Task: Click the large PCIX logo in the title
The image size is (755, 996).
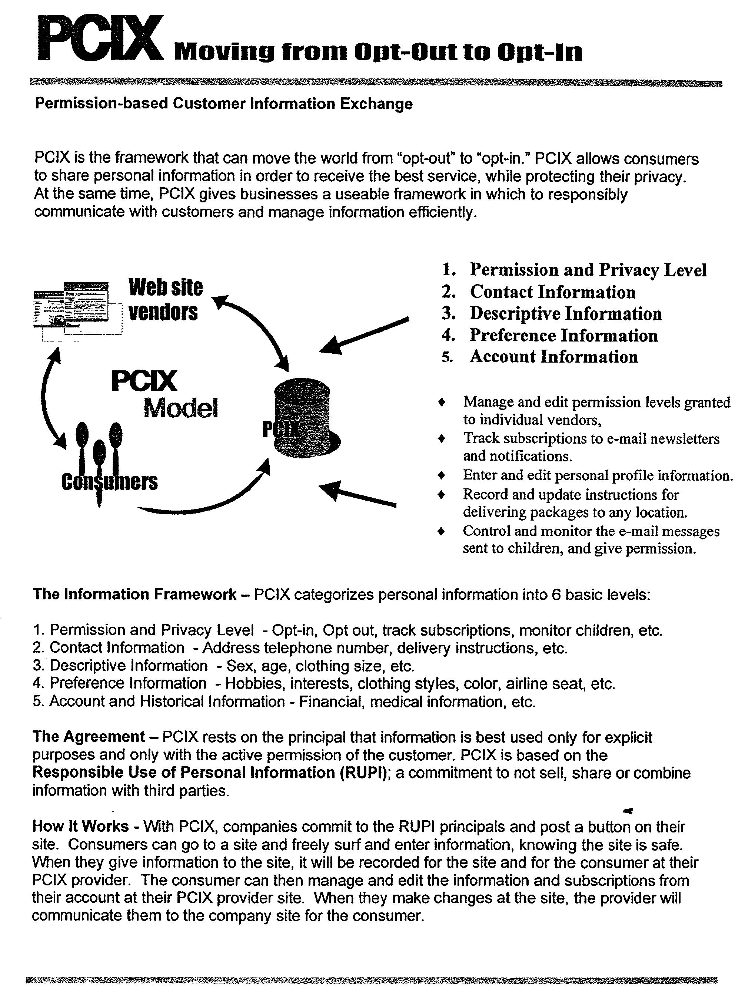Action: click(100, 40)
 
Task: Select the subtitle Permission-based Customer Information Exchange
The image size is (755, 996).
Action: click(223, 104)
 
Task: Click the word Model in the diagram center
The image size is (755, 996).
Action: click(180, 408)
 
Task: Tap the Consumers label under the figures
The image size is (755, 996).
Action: click(110, 482)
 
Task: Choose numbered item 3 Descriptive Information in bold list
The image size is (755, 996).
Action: click(565, 314)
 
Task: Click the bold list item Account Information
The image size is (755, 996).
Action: click(553, 357)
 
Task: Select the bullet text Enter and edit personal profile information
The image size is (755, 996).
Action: click(597, 475)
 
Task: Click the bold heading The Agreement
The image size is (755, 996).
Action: click(88, 737)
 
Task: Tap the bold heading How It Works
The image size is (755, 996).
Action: click(80, 826)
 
